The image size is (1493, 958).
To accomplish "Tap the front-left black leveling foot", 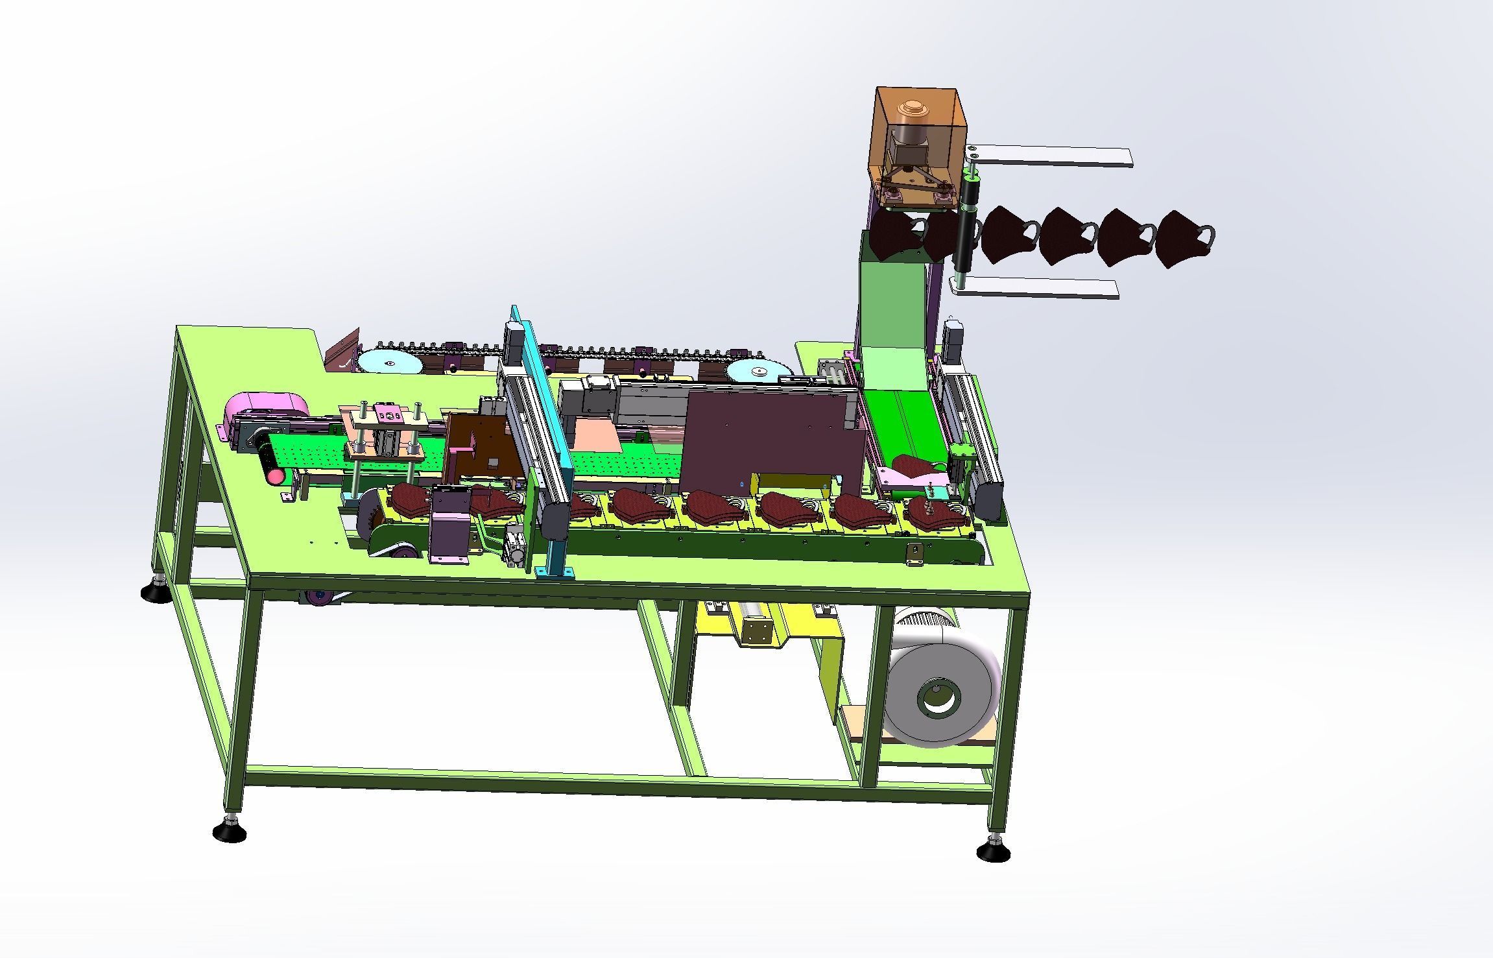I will tap(229, 830).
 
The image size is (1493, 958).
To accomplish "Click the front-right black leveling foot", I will tap(992, 850).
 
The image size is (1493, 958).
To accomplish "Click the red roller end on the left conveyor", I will tap(276, 476).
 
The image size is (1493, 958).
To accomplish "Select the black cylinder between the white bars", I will tap(966, 227).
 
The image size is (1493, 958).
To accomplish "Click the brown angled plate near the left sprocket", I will tap(343, 355).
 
